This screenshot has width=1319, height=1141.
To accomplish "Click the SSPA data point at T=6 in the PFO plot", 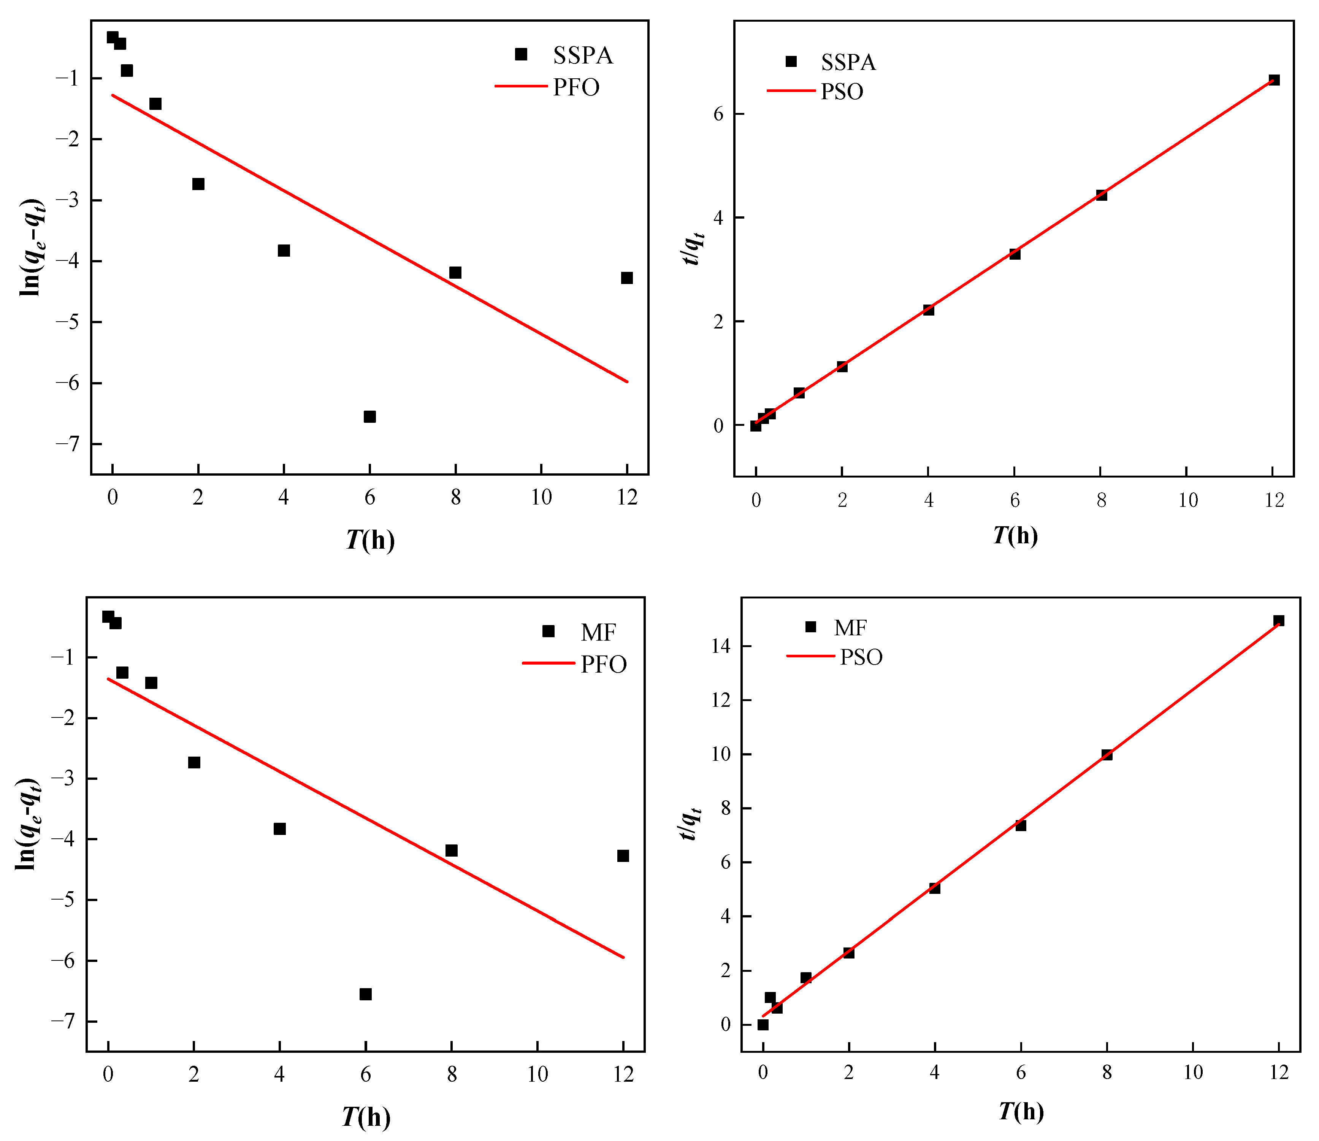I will (x=369, y=416).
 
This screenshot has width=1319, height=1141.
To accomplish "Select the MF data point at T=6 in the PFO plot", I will (x=365, y=994).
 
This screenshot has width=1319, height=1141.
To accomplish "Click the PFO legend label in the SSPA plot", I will (x=576, y=87).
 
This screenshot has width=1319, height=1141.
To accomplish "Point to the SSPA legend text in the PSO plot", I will (x=848, y=62).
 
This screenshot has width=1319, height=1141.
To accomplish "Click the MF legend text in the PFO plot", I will (x=598, y=632).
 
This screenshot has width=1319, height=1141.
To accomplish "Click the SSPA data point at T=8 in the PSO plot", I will (x=1101, y=195).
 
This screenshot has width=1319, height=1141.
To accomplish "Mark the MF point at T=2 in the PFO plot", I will (x=194, y=762).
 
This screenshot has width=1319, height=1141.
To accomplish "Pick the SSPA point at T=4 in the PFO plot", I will (x=284, y=250).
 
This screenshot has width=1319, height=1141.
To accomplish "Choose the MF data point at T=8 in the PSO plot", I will (x=1107, y=754).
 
